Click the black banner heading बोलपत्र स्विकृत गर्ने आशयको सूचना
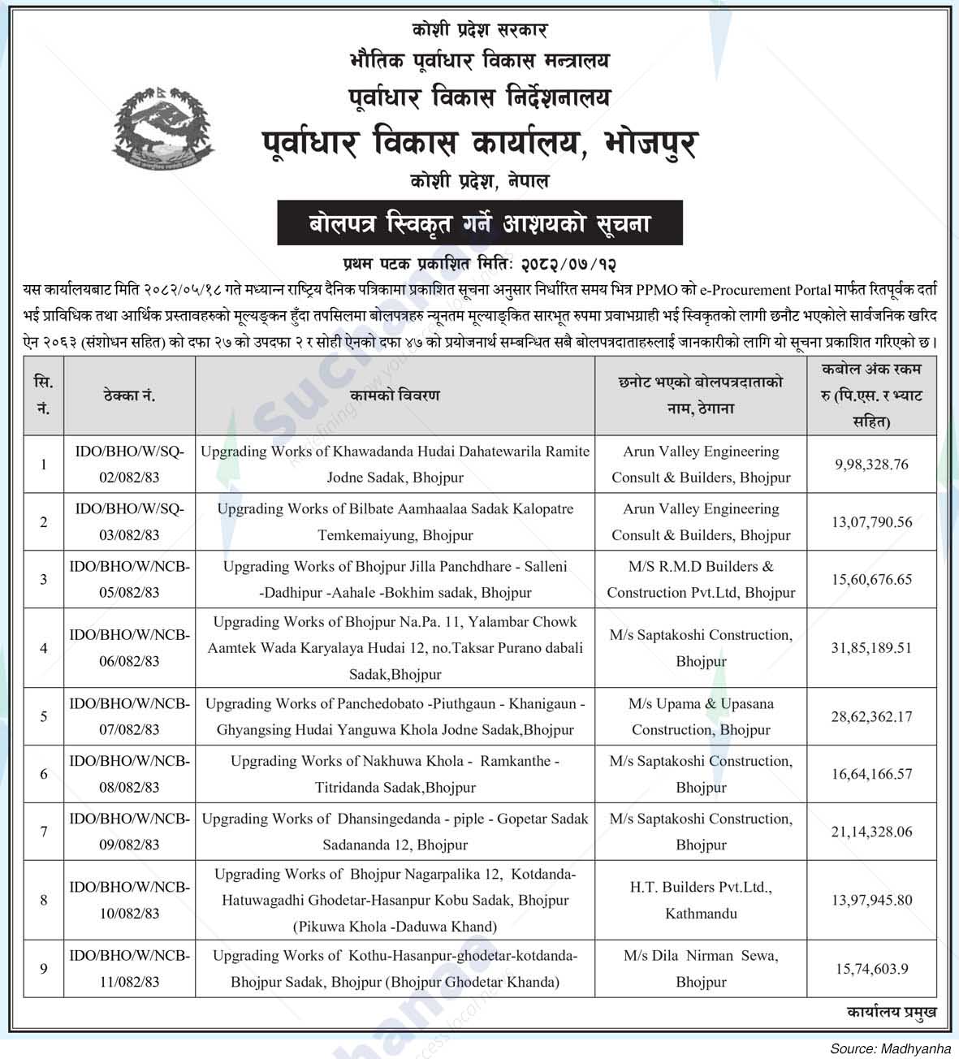pyautogui.click(x=480, y=222)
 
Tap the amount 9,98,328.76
pyautogui.click(x=871, y=465)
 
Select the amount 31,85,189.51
pyautogui.click(x=871, y=648)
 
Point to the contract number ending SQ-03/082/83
pyautogui.click(x=130, y=522)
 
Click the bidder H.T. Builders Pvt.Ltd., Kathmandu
pyautogui.click(x=701, y=900)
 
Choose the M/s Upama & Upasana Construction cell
pyautogui.click(x=701, y=716)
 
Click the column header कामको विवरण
pyautogui.click(x=395, y=395)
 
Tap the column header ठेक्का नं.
pyautogui.click(x=130, y=396)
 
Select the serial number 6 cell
pyautogui.click(x=44, y=774)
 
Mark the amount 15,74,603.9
pyautogui.click(x=871, y=969)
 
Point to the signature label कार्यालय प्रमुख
pyautogui.click(x=891, y=1012)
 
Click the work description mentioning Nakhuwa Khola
pyautogui.click(x=395, y=774)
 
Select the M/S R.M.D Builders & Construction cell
pyautogui.click(x=701, y=579)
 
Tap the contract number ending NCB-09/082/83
pyautogui.click(x=130, y=832)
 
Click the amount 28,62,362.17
pyautogui.click(x=871, y=716)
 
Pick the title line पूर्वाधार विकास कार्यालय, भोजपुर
pyautogui.click(x=480, y=145)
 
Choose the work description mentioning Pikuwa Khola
pyautogui.click(x=395, y=900)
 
